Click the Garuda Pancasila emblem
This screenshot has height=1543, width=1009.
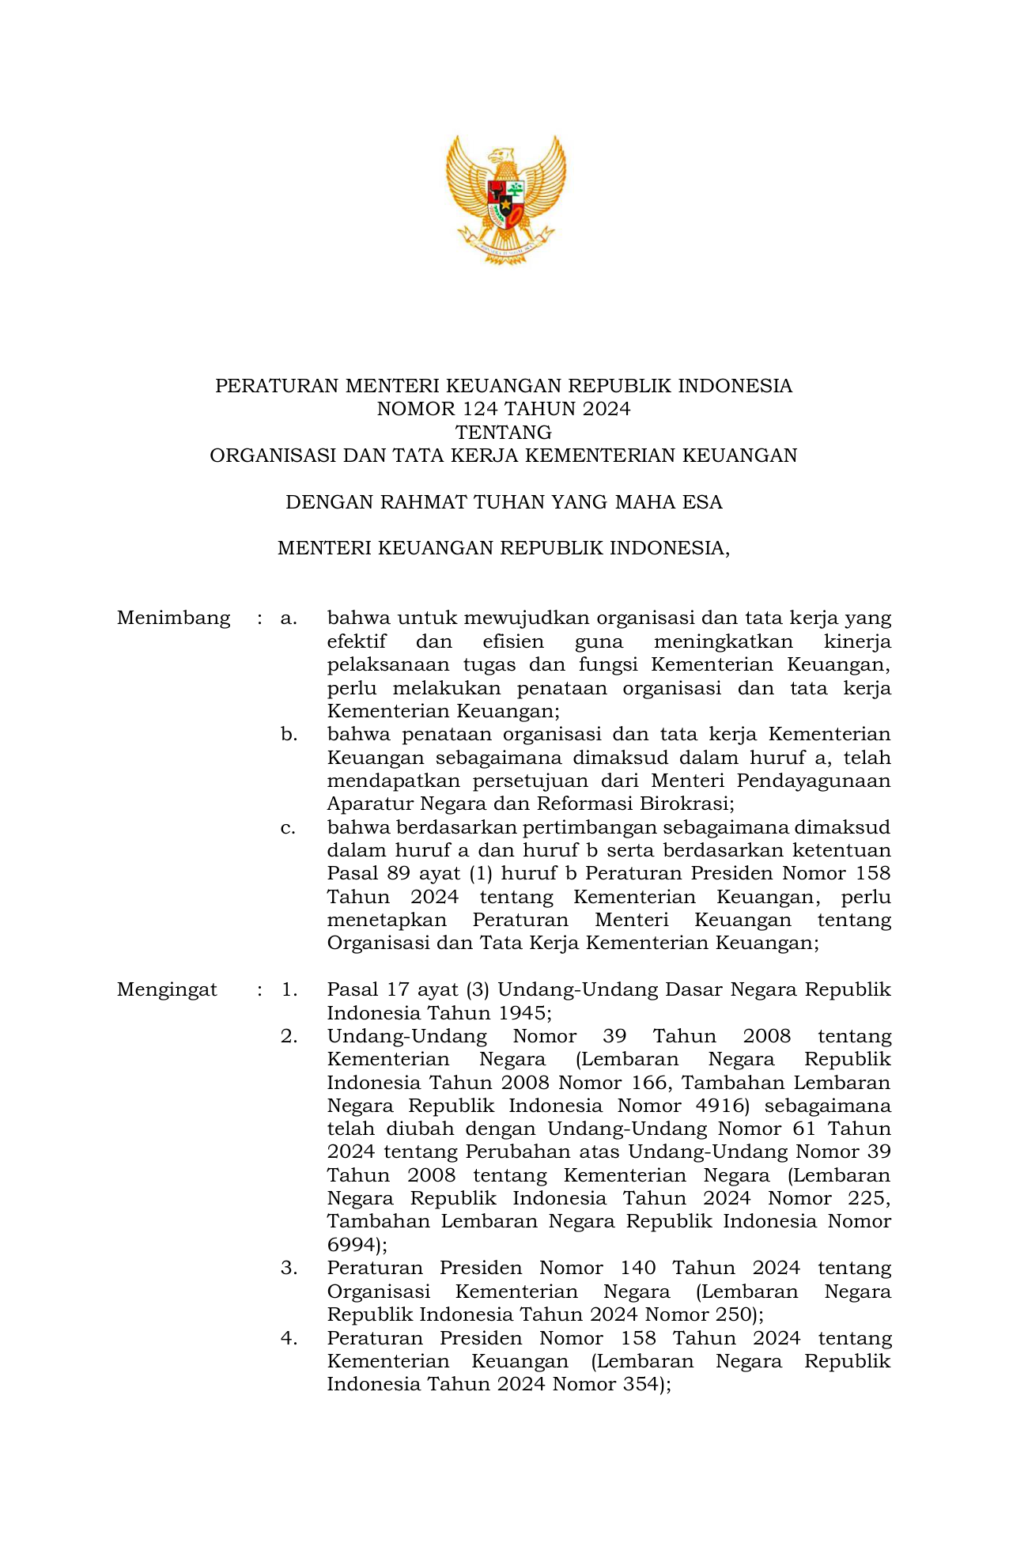tap(504, 199)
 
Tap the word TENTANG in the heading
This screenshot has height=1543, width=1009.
tap(504, 432)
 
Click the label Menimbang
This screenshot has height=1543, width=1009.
tap(174, 618)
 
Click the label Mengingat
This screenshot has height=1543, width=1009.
tap(167, 989)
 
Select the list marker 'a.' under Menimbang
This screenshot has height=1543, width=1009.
tap(289, 618)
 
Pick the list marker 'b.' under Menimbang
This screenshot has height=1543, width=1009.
tap(289, 734)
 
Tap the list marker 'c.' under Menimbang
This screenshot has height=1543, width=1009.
tap(289, 827)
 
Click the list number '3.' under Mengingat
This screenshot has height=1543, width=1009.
tap(289, 1268)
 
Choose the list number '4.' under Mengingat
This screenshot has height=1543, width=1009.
tap(289, 1338)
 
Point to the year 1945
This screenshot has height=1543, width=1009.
tap(521, 1013)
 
